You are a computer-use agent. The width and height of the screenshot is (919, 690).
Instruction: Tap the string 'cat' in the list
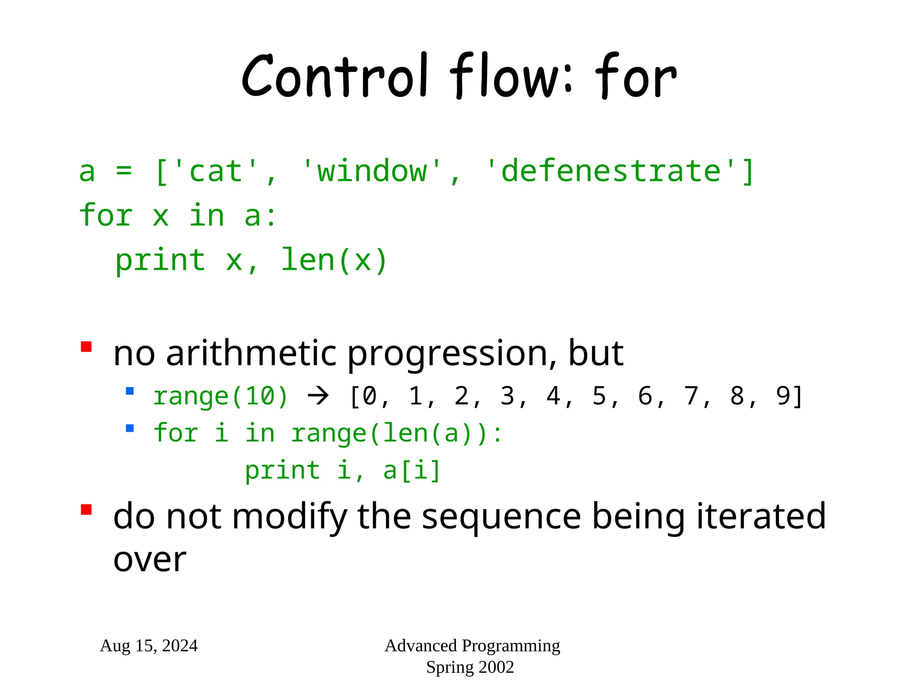click(x=215, y=171)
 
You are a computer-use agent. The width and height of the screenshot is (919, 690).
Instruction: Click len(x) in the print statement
click(x=334, y=261)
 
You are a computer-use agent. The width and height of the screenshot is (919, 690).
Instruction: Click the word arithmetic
click(x=251, y=354)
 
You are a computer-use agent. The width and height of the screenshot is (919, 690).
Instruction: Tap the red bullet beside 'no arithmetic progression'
click(x=86, y=347)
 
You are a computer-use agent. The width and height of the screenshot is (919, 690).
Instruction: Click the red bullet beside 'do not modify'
click(x=86, y=509)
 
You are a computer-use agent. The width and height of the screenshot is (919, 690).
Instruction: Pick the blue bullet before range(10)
click(x=130, y=391)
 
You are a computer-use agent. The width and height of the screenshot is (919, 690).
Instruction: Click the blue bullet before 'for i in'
click(x=130, y=428)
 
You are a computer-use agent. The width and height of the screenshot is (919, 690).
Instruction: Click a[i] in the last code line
click(x=412, y=470)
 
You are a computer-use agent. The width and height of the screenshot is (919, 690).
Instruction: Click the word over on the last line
click(x=149, y=560)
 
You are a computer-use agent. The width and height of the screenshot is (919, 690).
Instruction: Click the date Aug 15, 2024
click(x=149, y=646)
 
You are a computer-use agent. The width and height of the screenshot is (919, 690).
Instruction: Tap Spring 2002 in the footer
click(x=470, y=667)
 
